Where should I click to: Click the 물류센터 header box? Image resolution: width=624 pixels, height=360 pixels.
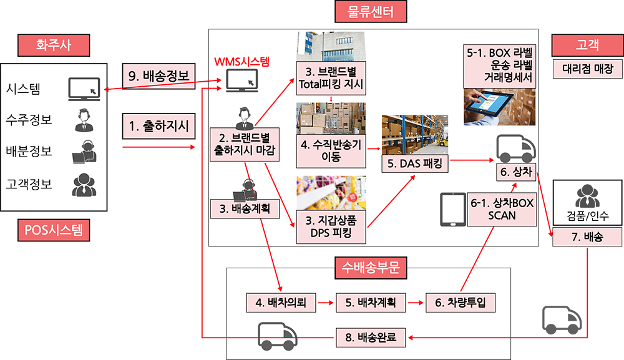coord(371,11)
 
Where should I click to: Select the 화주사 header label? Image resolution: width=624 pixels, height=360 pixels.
coord(54,45)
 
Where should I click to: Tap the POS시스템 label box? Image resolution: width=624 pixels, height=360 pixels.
coord(54,230)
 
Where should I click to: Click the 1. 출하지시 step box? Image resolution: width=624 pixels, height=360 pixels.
coord(158,126)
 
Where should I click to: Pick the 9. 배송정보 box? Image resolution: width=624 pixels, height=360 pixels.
coord(158,76)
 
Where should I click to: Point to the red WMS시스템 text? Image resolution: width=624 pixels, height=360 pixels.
coord(241,61)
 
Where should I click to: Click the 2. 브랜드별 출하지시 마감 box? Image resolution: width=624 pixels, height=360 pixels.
coord(245,144)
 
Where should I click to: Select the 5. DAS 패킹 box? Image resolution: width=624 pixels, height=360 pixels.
coord(415,163)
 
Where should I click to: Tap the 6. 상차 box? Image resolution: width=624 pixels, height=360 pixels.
coord(516,172)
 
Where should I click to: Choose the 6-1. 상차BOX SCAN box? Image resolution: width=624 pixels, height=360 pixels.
coord(502,210)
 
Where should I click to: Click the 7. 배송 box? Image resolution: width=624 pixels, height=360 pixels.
coord(587,237)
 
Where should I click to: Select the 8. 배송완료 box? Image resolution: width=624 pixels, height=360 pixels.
coord(371,338)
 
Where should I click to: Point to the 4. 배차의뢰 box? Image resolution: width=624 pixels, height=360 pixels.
coord(281,303)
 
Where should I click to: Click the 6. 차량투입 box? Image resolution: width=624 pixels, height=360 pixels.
coord(461,303)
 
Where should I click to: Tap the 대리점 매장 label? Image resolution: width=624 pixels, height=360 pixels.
coord(587,69)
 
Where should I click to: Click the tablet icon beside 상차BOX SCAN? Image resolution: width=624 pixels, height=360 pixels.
coord(453,210)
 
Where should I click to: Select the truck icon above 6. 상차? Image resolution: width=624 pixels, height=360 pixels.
coord(516,148)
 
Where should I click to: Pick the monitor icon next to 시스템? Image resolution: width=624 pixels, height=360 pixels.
coord(84,89)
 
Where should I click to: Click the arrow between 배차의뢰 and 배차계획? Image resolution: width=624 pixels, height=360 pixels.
coord(326,303)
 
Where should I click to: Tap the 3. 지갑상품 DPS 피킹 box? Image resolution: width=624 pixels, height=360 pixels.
coord(331,226)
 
